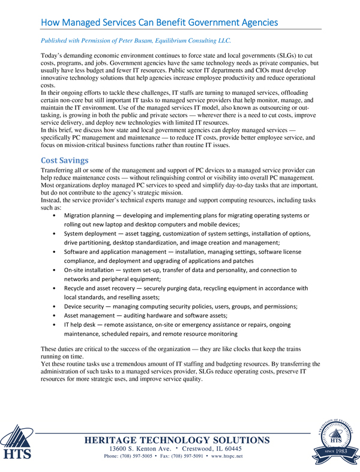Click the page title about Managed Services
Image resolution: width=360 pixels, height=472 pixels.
tap(159, 22)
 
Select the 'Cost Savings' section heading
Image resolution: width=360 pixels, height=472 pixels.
tap(64, 160)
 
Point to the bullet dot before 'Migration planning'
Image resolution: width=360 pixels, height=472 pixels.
tap(55, 216)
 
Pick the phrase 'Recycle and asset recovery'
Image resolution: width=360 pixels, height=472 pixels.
tap(100, 288)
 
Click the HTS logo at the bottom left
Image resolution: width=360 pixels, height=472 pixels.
tap(19, 443)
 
